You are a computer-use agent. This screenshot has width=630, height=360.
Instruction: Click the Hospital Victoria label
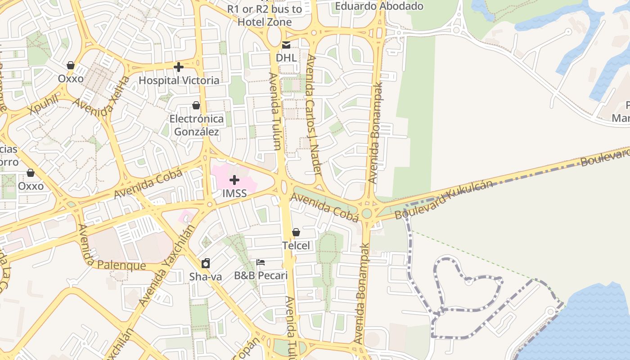point(179,81)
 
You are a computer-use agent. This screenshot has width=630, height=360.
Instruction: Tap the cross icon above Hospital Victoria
point(179,67)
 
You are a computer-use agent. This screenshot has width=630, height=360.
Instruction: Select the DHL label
point(286,58)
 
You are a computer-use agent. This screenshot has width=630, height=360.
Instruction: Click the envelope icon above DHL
point(286,45)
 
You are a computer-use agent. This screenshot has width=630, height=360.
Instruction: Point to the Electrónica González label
point(197,125)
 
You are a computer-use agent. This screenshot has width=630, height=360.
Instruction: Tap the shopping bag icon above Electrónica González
point(196,105)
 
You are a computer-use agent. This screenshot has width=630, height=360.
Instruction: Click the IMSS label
point(234,193)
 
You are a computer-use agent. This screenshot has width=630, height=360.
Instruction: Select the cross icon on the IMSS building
point(234,180)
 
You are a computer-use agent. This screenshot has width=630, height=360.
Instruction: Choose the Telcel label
point(296,246)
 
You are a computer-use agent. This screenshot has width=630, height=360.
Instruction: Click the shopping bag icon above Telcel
point(296,232)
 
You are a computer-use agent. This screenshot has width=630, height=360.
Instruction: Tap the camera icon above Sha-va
point(206,263)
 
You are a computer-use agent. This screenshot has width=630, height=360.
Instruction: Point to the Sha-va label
point(206,277)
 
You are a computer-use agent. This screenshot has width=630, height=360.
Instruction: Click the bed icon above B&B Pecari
point(261,262)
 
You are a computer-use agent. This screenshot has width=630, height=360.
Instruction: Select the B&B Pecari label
point(261,275)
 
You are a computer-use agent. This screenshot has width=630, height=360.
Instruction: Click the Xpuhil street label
point(43,105)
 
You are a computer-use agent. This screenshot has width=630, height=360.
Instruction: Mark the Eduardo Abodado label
point(379,6)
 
